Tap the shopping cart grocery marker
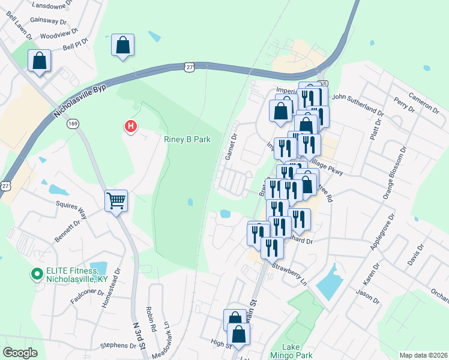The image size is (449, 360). (116, 200)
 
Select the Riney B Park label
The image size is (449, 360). (188, 139)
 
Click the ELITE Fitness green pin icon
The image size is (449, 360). (37, 275)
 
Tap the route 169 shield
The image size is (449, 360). (73, 124)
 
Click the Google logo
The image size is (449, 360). (20, 353)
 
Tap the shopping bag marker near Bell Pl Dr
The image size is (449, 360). (122, 46)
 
